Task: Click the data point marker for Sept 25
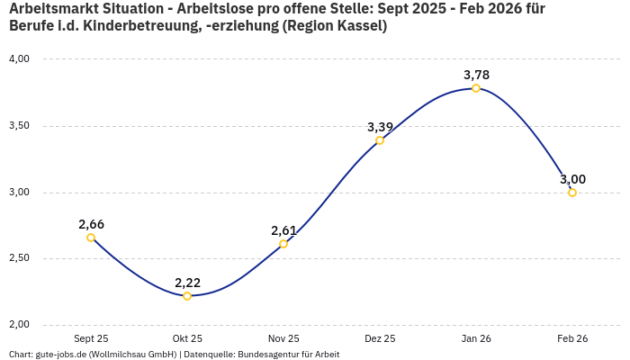point(91,238)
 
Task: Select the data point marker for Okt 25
point(187,296)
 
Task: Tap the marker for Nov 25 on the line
point(283,244)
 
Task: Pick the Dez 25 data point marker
point(380,140)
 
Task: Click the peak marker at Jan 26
point(476,88)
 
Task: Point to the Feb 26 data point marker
point(572,193)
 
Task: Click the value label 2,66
point(91,224)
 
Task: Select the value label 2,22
point(187,283)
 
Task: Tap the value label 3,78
point(476,75)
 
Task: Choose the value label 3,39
point(380,127)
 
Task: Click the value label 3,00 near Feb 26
point(572,179)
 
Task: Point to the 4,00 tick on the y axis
point(19,59)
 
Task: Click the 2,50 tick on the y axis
point(19,258)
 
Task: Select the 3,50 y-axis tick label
point(19,126)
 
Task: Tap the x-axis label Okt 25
point(187,338)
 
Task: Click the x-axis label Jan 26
point(476,338)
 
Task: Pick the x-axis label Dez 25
point(380,338)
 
